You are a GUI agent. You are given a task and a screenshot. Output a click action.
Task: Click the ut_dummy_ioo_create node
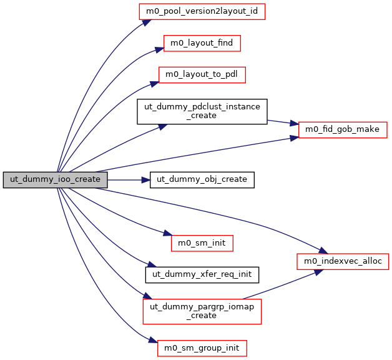click(x=56, y=179)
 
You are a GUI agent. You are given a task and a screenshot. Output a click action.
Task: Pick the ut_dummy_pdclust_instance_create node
click(x=202, y=111)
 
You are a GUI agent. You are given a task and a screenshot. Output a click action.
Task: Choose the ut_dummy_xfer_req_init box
click(x=202, y=274)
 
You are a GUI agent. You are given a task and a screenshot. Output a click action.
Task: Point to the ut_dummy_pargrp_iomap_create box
click(x=202, y=311)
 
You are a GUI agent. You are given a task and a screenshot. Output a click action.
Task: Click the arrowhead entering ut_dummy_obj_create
click(x=146, y=179)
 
